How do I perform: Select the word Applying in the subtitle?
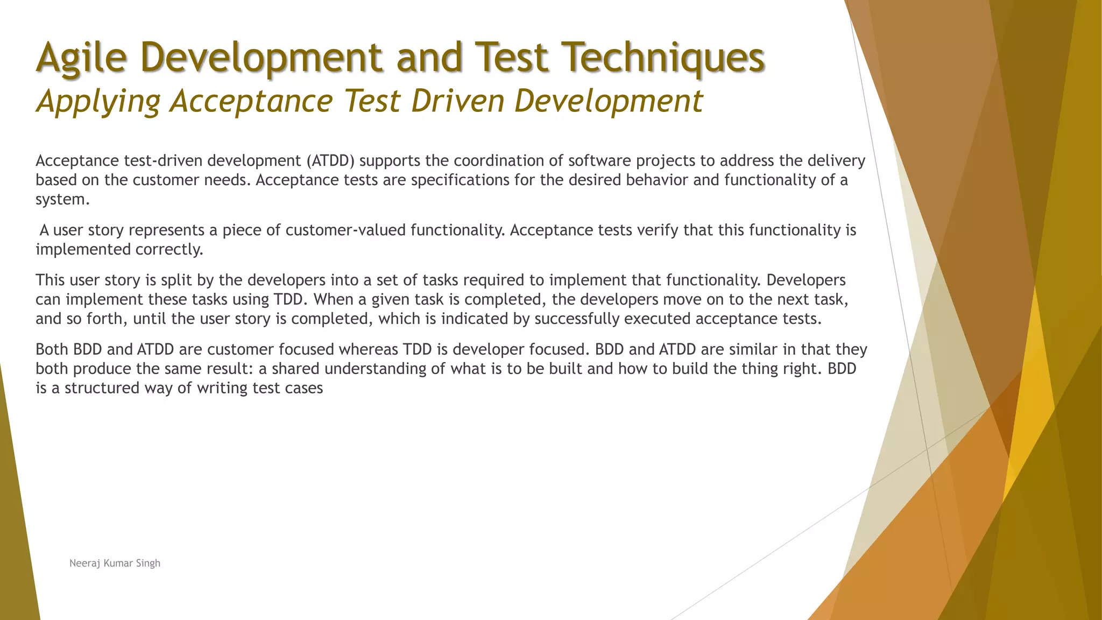98,101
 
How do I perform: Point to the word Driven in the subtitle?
457,101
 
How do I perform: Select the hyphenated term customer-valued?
346,230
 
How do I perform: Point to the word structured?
102,389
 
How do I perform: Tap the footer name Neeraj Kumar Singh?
115,563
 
